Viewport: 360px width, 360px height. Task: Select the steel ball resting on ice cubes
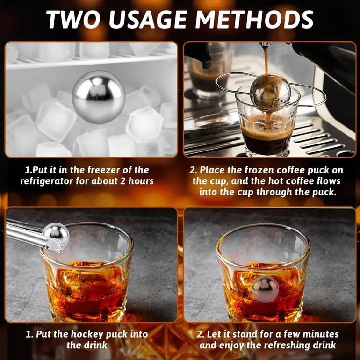(99, 97)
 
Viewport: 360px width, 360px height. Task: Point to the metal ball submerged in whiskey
(265, 288)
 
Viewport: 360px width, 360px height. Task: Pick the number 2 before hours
(123, 181)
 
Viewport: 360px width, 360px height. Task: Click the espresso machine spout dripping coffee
(266, 45)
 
